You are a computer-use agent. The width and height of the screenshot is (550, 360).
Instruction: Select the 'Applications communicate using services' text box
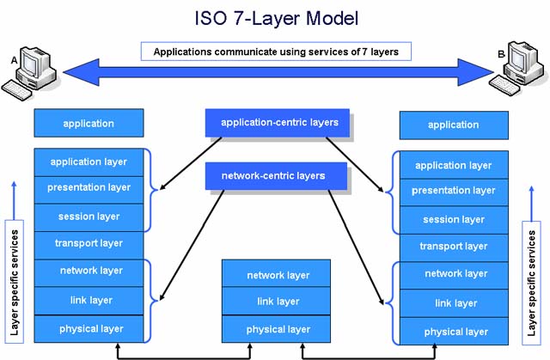[276, 52]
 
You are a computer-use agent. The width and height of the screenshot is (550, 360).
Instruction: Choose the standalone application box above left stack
[89, 124]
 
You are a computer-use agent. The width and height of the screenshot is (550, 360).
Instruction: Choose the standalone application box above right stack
[453, 125]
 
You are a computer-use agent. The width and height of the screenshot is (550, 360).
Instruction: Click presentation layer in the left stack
[89, 187]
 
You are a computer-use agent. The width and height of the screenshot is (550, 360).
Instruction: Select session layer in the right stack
[453, 220]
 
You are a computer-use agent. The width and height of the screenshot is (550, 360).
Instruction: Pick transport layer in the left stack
[89, 244]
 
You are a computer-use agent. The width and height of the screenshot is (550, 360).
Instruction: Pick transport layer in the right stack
[453, 247]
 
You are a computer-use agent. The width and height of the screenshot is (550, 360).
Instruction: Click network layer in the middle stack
[278, 275]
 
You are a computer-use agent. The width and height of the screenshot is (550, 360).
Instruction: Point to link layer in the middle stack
[278, 302]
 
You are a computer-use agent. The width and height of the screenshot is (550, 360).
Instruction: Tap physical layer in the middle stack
[278, 329]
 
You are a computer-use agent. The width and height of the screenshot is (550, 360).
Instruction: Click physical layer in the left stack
[89, 329]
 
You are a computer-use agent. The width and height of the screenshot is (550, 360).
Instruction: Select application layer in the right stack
[453, 165]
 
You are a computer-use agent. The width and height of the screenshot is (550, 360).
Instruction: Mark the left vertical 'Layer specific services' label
[14, 278]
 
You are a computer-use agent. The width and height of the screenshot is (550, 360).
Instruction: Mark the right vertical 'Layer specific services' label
[533, 278]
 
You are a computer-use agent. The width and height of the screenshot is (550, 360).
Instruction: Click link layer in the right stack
[453, 303]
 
